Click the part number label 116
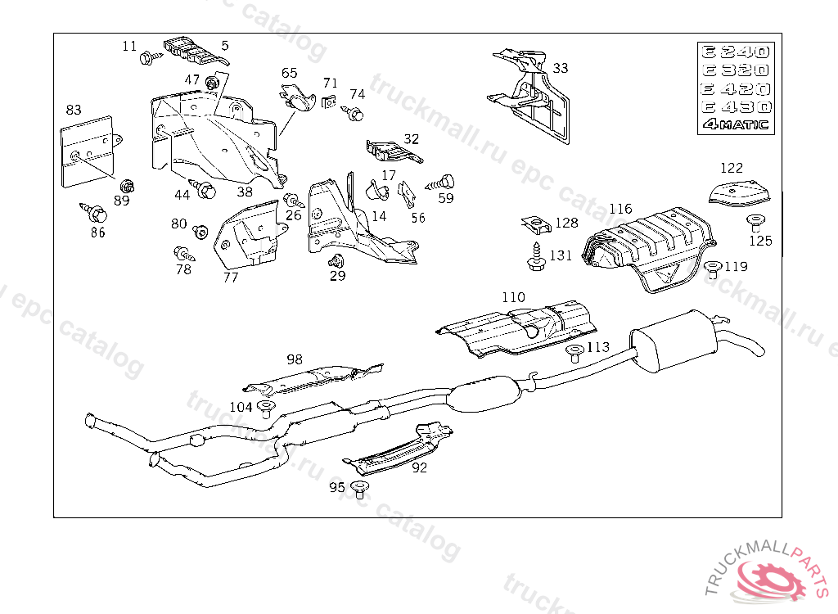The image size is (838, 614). pos(620,210)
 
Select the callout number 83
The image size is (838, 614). pos(74,110)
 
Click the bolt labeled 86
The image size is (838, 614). pos(93,214)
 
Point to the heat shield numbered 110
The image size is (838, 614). pos(516,327)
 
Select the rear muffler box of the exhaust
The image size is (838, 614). pos(674,339)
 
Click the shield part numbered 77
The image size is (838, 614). pos(248,236)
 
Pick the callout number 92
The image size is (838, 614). pos(419,468)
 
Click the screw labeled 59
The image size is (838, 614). pos(444,182)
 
